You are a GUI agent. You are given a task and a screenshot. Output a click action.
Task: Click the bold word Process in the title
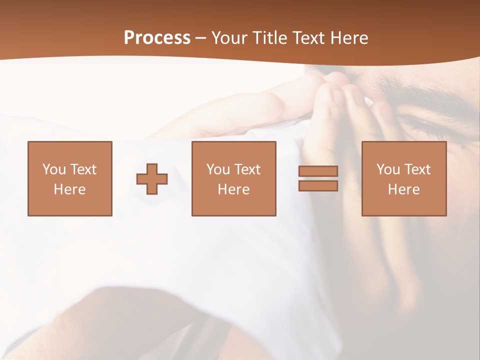157,38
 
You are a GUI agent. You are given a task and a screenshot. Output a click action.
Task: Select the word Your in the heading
230,38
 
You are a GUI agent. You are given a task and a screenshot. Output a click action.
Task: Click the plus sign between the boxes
152,179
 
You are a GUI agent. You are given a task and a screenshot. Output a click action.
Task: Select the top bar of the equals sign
318,171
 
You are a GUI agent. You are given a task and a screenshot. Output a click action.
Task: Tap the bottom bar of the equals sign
318,186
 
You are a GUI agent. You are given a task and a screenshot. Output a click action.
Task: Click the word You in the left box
54,169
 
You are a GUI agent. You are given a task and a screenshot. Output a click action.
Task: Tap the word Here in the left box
69,189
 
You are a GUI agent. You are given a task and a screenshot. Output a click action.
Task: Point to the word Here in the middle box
233,189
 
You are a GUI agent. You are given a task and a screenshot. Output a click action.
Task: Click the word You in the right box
388,169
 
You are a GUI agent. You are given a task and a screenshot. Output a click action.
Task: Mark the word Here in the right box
403,189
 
